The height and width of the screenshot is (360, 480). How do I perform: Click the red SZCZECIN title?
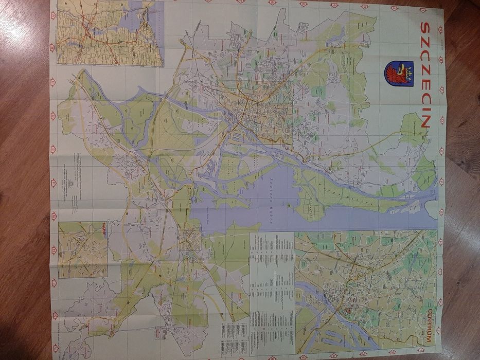(x=426, y=75)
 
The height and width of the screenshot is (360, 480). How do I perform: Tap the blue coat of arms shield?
(x=399, y=74)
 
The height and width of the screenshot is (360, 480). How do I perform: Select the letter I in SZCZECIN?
(x=426, y=110)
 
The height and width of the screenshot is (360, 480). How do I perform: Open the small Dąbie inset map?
(x=83, y=250)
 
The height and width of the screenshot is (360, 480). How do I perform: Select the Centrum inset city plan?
(x=365, y=291)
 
